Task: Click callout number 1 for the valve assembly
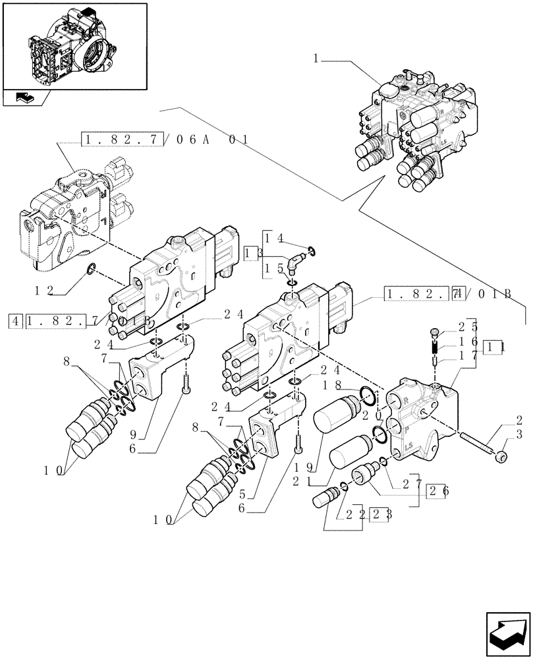(x=317, y=59)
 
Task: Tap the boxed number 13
(x=250, y=254)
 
